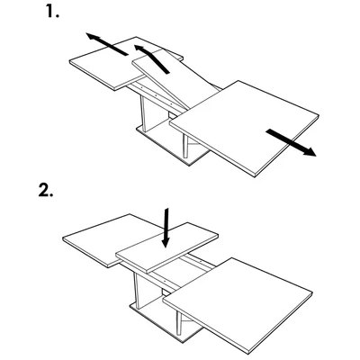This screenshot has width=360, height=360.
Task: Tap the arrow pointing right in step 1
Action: [289, 141]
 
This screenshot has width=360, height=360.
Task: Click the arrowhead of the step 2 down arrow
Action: [166, 242]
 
